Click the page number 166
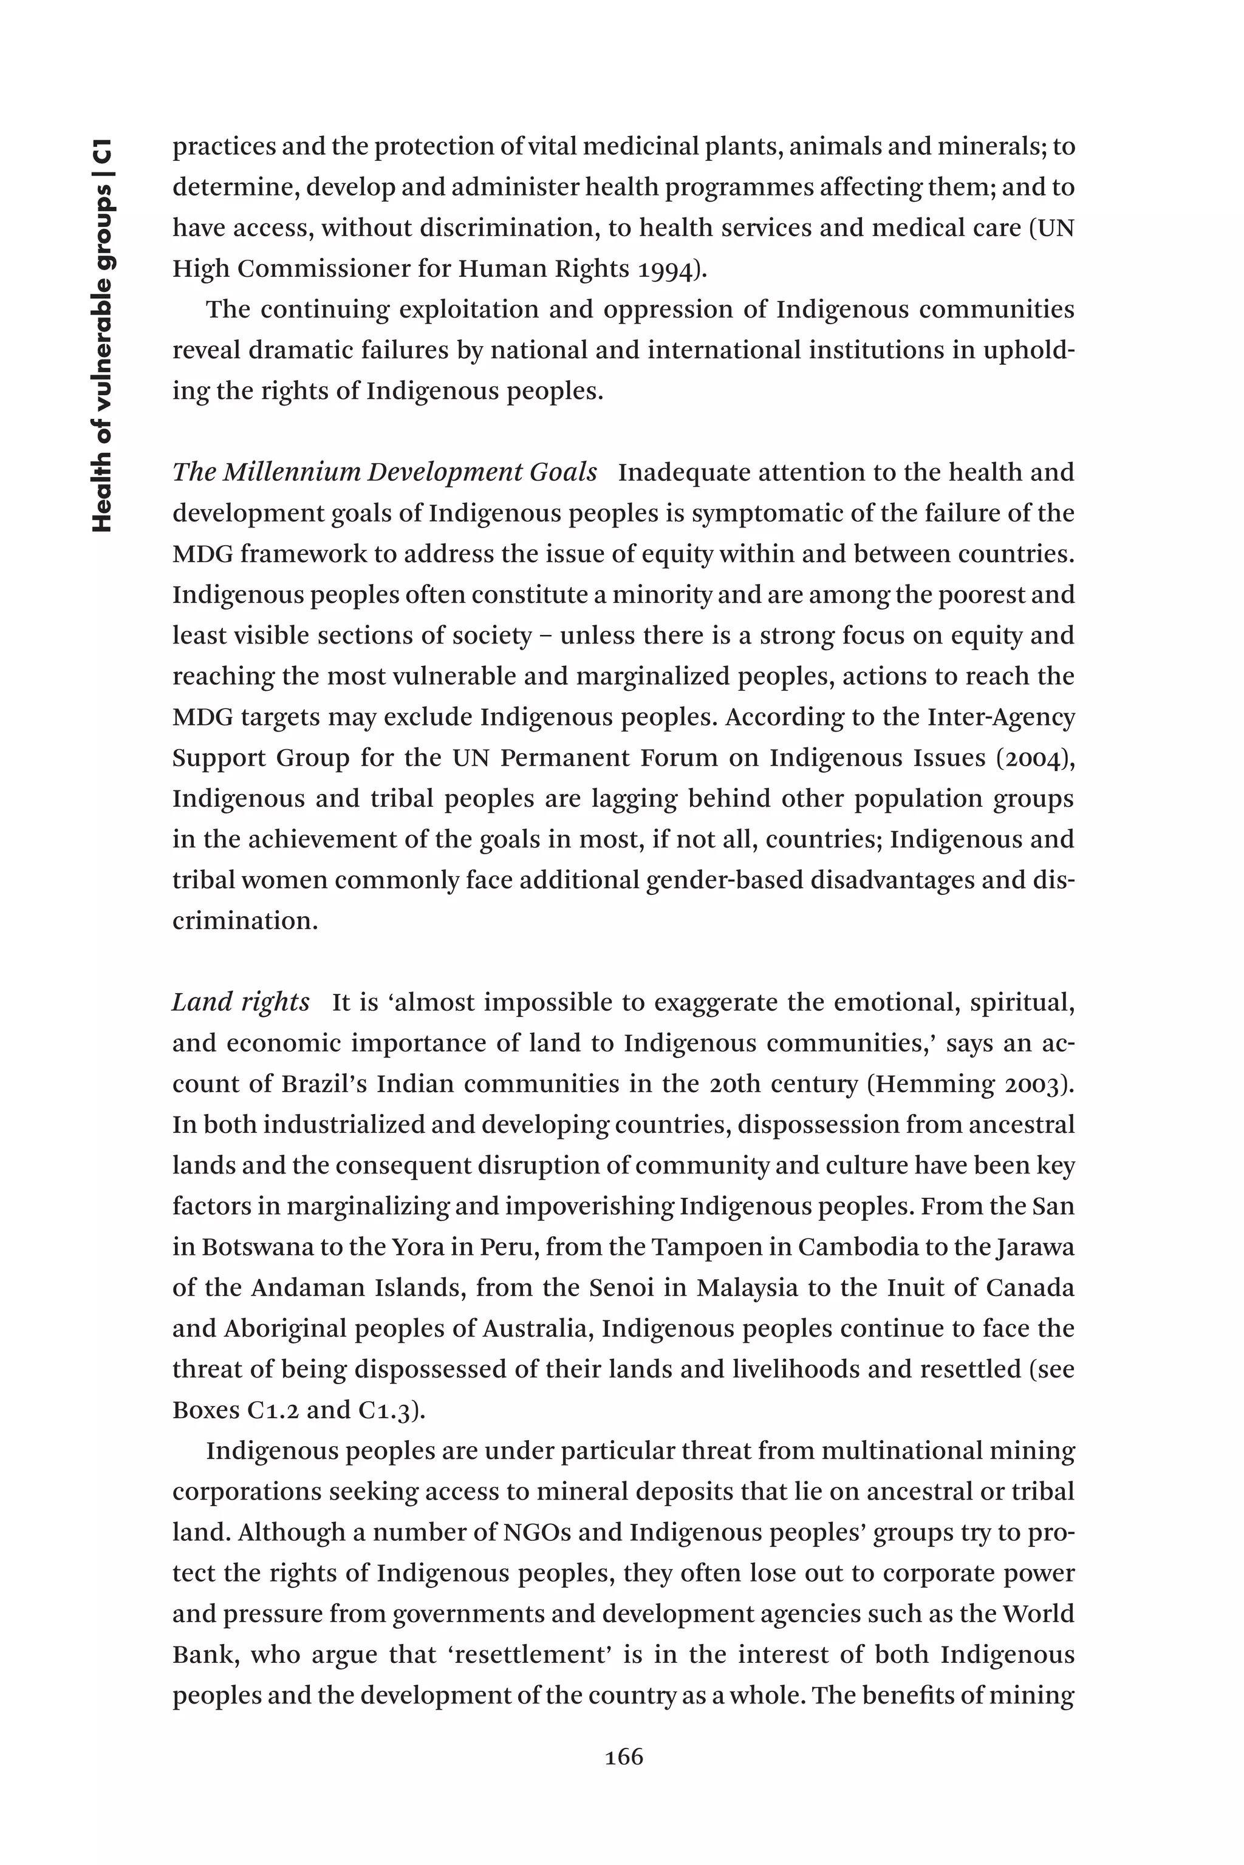click(624, 1757)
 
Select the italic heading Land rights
click(241, 1002)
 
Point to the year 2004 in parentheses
click(1034, 758)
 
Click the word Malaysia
click(747, 1288)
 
